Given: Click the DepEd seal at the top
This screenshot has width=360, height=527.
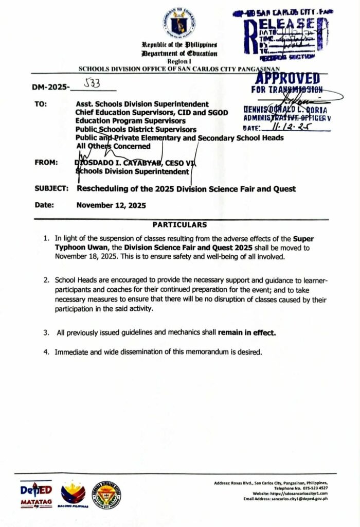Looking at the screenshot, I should pos(179,24).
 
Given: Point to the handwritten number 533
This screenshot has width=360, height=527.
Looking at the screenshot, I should pos(93,83).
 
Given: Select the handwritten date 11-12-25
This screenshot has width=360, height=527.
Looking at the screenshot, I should pos(297,126).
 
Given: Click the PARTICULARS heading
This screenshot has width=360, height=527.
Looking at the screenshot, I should pos(179,224).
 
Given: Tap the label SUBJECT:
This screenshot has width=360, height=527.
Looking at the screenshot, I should pos(52,189).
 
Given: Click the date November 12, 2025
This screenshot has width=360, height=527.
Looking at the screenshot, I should pos(111,205).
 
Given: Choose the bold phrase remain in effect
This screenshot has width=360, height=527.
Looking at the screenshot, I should pos(247,332).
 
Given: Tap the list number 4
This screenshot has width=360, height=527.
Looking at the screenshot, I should pos(46,352).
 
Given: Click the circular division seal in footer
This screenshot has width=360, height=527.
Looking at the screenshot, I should pos(106,495).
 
